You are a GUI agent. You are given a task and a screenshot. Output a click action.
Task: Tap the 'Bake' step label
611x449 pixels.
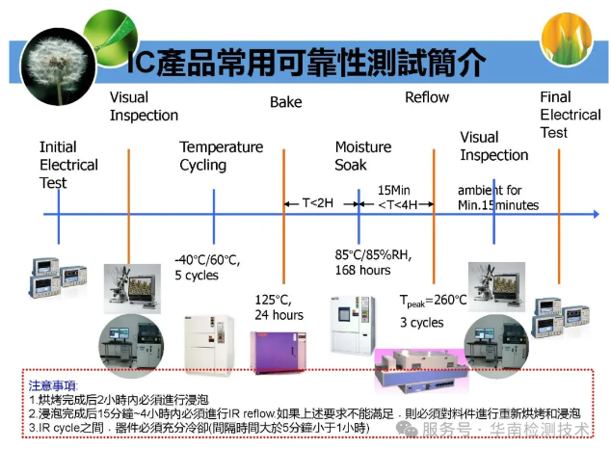(285, 102)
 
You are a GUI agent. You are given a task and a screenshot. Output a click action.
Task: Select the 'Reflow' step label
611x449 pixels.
(426, 97)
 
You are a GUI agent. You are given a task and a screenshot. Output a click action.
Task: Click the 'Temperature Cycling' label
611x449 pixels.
(221, 155)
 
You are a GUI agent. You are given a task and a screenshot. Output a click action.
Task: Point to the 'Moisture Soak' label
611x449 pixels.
(362, 155)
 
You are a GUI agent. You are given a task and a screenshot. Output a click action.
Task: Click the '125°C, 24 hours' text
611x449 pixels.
(279, 306)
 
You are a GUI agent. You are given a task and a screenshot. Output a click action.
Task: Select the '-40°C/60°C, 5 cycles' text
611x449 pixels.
(206, 267)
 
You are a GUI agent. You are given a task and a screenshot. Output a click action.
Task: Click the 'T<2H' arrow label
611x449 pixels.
(319, 203)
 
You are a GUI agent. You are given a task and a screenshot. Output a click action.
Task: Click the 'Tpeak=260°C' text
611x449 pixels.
(433, 299)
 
